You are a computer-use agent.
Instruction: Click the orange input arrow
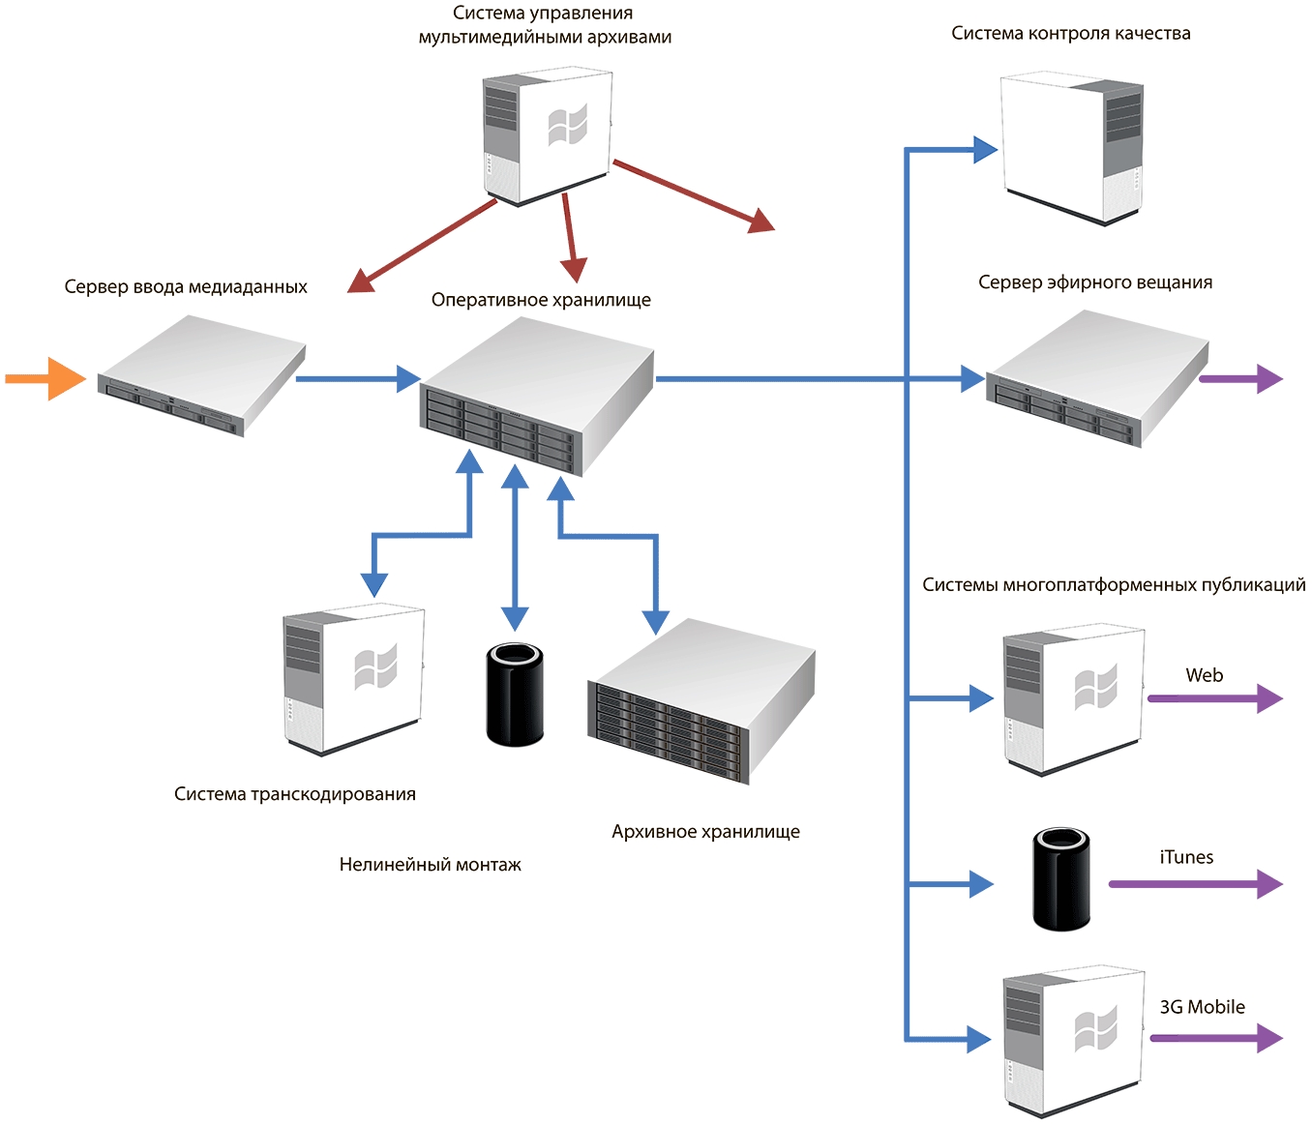click(45, 378)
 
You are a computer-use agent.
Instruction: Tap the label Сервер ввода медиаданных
click(186, 287)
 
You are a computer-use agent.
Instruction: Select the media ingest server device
click(200, 376)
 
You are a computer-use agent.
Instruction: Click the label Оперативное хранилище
click(541, 300)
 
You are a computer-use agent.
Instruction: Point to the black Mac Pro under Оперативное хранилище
click(514, 695)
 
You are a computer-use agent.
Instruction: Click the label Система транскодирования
click(295, 794)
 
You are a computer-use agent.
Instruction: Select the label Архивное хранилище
click(705, 832)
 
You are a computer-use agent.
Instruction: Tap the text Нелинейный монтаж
click(431, 865)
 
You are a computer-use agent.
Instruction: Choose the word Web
click(1205, 675)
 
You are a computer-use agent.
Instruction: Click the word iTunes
click(1186, 857)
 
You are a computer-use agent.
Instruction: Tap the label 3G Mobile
click(1203, 1007)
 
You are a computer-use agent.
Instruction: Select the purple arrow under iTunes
click(1195, 883)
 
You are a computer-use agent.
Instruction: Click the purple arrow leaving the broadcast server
click(1241, 378)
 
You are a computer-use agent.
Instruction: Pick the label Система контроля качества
click(1071, 34)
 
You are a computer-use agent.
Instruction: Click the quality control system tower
click(1071, 145)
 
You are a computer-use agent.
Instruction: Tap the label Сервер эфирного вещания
click(1095, 282)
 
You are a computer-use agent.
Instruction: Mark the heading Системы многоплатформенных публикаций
click(1114, 585)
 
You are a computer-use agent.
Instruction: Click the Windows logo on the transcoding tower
click(375, 666)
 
